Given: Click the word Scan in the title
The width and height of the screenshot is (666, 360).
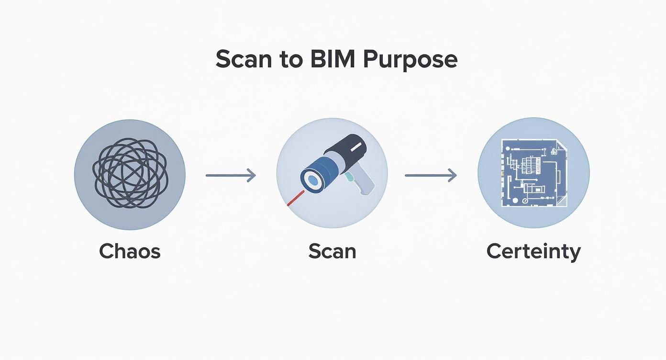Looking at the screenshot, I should [x=244, y=60].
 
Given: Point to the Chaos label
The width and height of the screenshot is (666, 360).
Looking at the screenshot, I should [x=129, y=251].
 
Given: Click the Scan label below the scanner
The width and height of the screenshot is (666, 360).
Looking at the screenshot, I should [x=332, y=251].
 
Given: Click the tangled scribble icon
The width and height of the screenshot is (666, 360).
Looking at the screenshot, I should [x=130, y=173].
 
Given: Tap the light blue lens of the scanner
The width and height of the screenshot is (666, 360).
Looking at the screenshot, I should [x=313, y=180].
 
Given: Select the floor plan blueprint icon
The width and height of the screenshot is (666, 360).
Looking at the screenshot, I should [x=533, y=173].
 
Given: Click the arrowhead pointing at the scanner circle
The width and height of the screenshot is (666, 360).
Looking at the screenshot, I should [x=252, y=176].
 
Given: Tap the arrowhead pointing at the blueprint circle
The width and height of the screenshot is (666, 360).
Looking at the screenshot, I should [x=452, y=176].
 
